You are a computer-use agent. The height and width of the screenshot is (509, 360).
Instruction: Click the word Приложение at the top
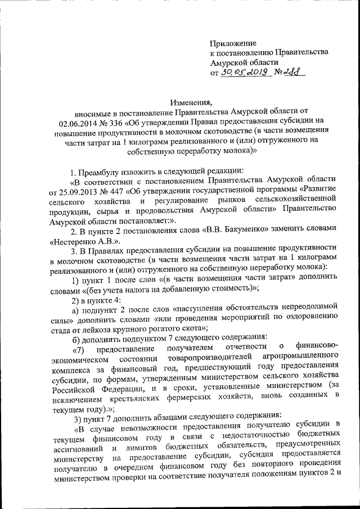(233, 43)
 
